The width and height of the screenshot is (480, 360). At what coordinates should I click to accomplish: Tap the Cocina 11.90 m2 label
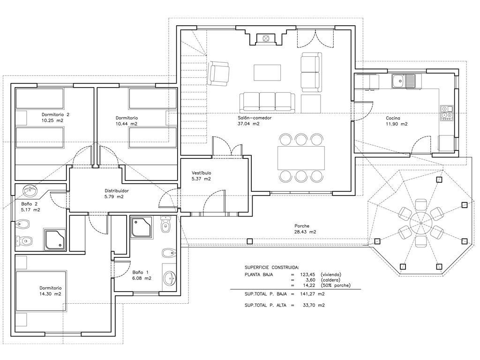click(397, 121)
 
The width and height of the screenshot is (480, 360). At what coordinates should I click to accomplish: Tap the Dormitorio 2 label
click(55, 114)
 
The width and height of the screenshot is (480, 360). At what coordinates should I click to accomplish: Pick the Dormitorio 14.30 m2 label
click(50, 291)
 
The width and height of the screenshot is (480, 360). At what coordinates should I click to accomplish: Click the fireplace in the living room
click(266, 38)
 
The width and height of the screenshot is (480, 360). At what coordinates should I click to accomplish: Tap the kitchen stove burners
click(446, 112)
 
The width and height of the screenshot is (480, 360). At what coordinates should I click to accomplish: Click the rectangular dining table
click(301, 158)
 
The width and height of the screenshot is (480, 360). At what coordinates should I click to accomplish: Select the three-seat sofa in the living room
click(267, 102)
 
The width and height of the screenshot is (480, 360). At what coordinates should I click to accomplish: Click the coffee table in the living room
click(267, 73)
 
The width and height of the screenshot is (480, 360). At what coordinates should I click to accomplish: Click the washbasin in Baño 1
click(169, 278)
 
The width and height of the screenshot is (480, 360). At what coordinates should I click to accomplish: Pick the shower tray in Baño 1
click(141, 227)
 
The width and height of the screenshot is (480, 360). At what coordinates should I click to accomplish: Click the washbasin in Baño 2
click(30, 191)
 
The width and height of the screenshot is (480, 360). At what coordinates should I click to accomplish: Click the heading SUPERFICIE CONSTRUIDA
click(272, 267)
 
